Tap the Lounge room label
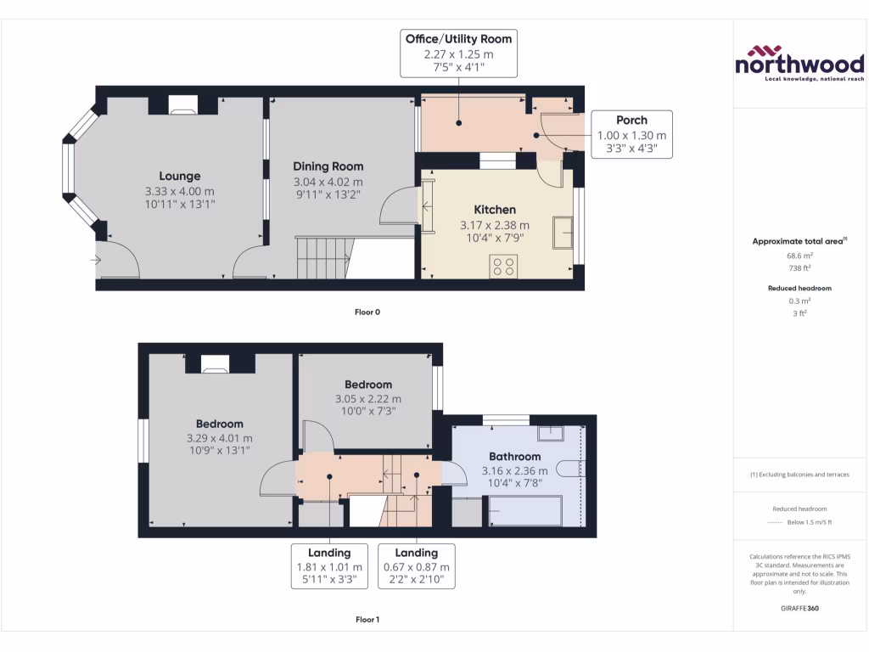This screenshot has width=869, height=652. [179, 177]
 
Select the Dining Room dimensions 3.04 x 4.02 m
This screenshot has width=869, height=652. [328, 182]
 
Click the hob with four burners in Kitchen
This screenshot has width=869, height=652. [503, 267]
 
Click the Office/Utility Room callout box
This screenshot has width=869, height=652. [458, 53]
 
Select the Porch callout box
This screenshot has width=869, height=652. [631, 134]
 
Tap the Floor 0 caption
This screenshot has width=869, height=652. [367, 312]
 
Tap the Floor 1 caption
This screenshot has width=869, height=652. [367, 620]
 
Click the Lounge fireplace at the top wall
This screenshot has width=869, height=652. [181, 105]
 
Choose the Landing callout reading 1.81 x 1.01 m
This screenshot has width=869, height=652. [329, 566]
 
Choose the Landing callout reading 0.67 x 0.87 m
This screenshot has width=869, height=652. [416, 566]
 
